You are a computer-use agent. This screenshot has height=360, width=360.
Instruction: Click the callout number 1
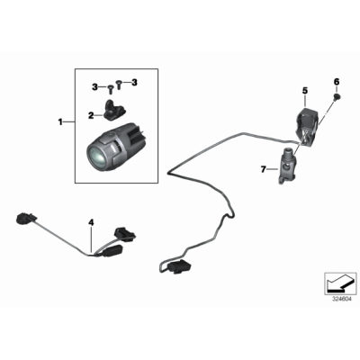(60, 121)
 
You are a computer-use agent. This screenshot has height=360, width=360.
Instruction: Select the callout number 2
(90, 115)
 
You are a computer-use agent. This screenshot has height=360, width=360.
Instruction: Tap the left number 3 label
(94, 85)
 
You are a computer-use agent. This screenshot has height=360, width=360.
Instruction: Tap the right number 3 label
(135, 83)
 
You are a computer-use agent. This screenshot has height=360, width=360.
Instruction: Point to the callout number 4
(91, 221)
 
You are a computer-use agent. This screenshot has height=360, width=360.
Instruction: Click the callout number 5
(304, 90)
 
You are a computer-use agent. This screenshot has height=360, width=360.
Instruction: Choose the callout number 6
(337, 83)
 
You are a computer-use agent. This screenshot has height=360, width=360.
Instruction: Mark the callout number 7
(265, 168)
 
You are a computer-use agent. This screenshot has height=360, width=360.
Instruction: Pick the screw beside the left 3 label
(110, 88)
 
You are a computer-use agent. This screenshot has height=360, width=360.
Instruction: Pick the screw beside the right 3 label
(122, 85)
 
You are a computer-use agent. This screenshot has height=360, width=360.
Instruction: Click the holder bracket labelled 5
(308, 122)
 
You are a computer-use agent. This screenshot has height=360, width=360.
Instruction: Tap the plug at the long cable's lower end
(178, 266)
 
